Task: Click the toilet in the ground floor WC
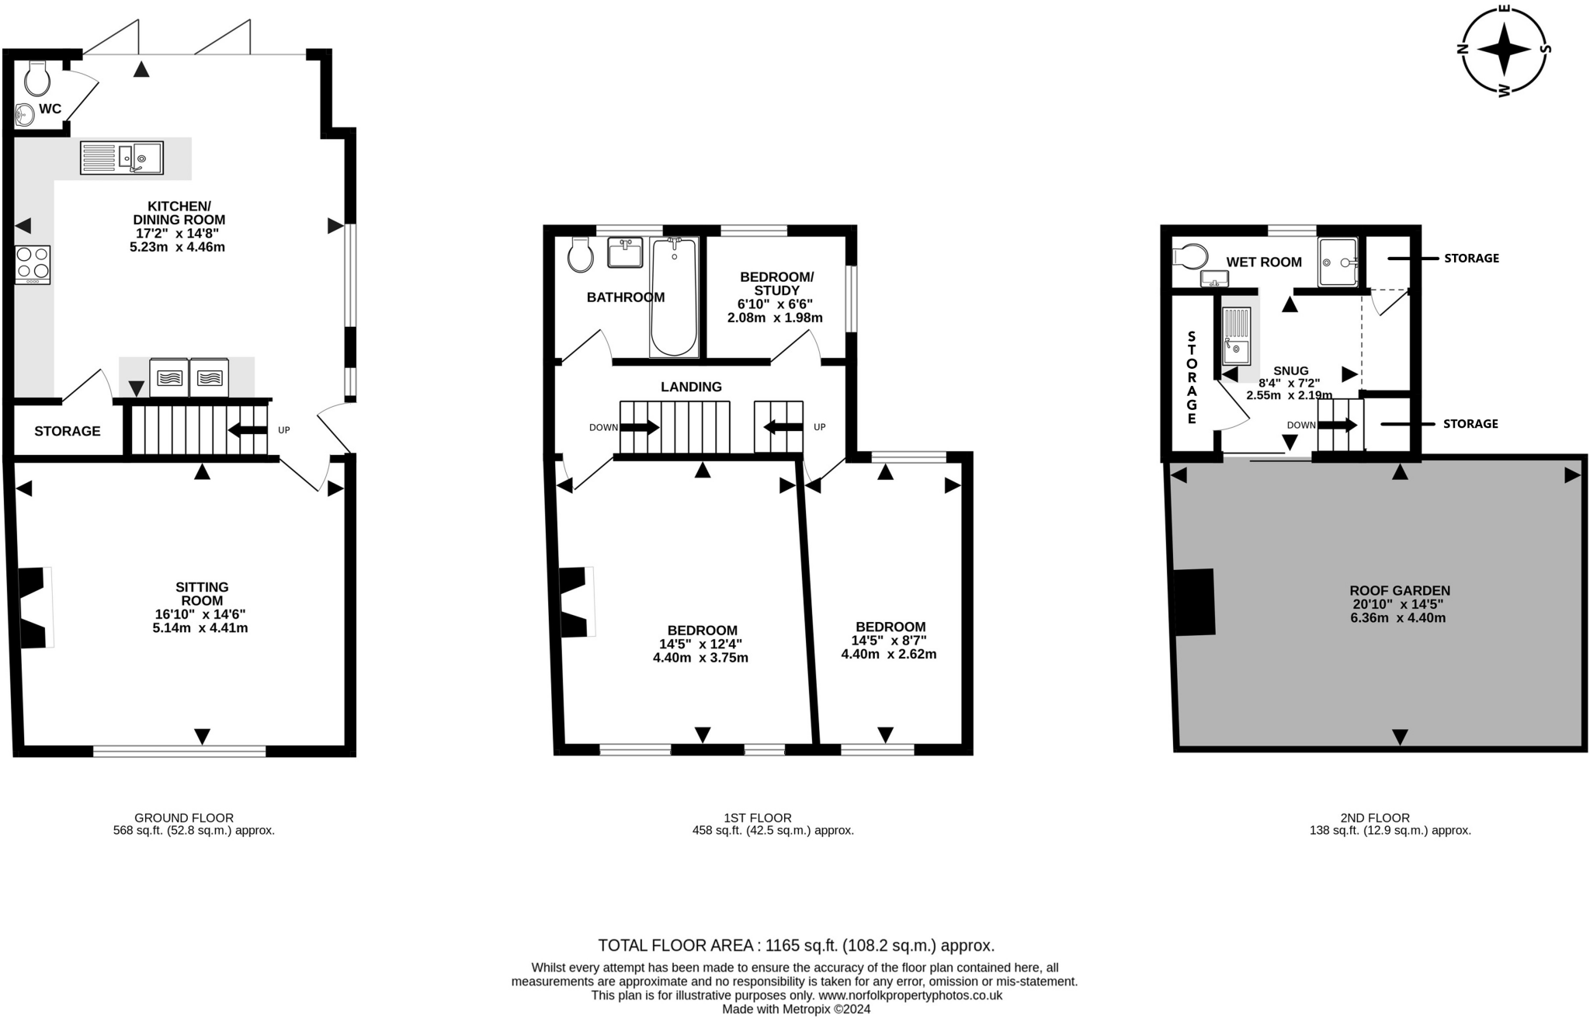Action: pyautogui.click(x=37, y=78)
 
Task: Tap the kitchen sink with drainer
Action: pyautogui.click(x=122, y=158)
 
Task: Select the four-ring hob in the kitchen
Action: pyautogui.click(x=33, y=264)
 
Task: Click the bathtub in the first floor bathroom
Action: pyautogui.click(x=674, y=297)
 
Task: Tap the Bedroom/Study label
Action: pyautogui.click(x=776, y=283)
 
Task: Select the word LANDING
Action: pyautogui.click(x=691, y=387)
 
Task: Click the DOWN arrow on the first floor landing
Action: pyautogui.click(x=639, y=427)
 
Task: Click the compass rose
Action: pyautogui.click(x=1504, y=50)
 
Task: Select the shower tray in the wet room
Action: pyautogui.click(x=1338, y=262)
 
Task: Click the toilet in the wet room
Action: pyautogui.click(x=1191, y=255)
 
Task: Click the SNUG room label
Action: pyautogui.click(x=1290, y=370)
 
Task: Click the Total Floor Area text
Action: pyautogui.click(x=796, y=945)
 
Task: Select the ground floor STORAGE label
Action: pyautogui.click(x=68, y=431)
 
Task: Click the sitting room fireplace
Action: pyautogui.click(x=34, y=607)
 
